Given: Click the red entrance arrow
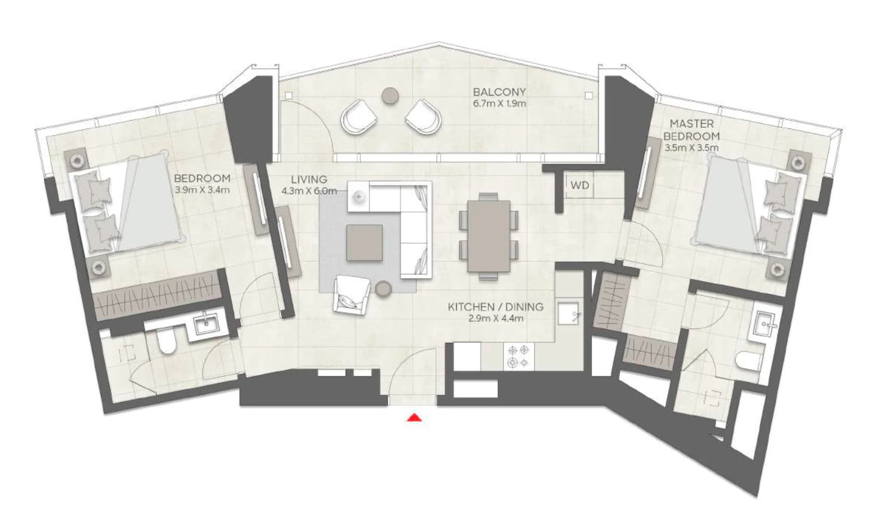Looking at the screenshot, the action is tap(414, 418).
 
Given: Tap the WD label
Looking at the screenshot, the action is tap(580, 185).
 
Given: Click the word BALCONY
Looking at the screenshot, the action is tap(499, 92).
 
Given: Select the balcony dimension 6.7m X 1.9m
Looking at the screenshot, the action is tap(499, 104).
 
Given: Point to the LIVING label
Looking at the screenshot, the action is tap(309, 179).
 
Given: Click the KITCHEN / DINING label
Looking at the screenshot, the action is tap(496, 306).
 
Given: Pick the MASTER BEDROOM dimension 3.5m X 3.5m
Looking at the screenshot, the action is tap(691, 148).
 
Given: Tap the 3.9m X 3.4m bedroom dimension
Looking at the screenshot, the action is tap(202, 191).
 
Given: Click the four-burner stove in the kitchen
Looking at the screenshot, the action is tap(518, 356).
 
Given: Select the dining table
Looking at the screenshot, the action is tap(488, 236).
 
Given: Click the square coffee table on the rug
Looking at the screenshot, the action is tap(364, 242).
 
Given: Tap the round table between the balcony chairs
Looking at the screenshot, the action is tap(390, 96).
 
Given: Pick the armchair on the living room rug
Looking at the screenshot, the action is tap(352, 294).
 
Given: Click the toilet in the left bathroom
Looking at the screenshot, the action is tap(166, 340).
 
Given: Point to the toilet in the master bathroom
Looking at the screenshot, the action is tap(748, 361).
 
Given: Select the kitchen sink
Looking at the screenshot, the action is tap(568, 313).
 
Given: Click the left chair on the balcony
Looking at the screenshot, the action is tap(359, 117).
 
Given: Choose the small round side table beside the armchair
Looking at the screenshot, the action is tap(383, 289).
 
